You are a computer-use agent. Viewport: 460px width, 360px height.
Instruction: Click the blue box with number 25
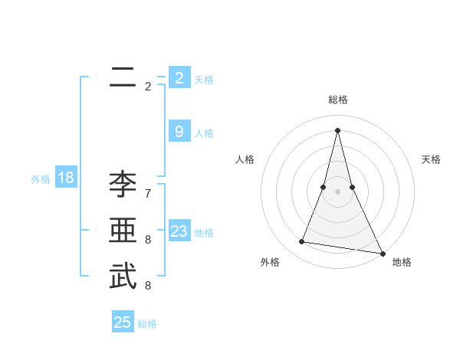(123, 322)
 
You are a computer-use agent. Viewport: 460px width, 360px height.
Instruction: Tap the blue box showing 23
(179, 232)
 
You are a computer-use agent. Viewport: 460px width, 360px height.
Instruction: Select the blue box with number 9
(179, 132)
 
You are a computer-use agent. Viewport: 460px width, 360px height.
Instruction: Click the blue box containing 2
(179, 78)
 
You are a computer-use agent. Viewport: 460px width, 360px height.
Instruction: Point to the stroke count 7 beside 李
(148, 194)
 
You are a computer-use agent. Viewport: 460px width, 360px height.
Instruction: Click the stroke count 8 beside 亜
(148, 240)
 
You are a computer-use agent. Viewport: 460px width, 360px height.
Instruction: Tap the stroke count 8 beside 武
(148, 285)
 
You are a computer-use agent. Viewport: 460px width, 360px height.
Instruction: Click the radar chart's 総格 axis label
(338, 100)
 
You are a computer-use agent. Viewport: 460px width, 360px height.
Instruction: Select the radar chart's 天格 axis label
(432, 159)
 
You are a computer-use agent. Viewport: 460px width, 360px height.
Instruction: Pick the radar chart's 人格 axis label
(245, 159)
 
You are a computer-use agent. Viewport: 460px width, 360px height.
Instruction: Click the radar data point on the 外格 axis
(302, 242)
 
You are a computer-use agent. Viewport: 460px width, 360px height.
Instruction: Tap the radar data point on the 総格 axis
(338, 129)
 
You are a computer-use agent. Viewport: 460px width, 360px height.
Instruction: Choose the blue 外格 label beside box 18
(41, 179)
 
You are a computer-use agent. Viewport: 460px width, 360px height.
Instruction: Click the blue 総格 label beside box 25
(148, 324)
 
